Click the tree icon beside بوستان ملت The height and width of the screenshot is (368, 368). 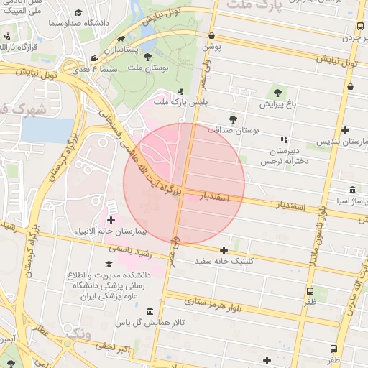point(147,56)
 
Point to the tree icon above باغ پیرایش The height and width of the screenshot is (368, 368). point(278,92)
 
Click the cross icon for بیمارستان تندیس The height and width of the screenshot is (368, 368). point(346,131)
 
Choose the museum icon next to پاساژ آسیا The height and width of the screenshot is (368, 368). point(351,190)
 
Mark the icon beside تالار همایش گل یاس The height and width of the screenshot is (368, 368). point(149,311)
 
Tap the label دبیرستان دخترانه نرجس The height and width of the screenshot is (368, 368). point(283,157)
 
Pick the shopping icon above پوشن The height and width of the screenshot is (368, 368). point(211,35)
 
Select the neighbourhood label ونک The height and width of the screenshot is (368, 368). point(78,333)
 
